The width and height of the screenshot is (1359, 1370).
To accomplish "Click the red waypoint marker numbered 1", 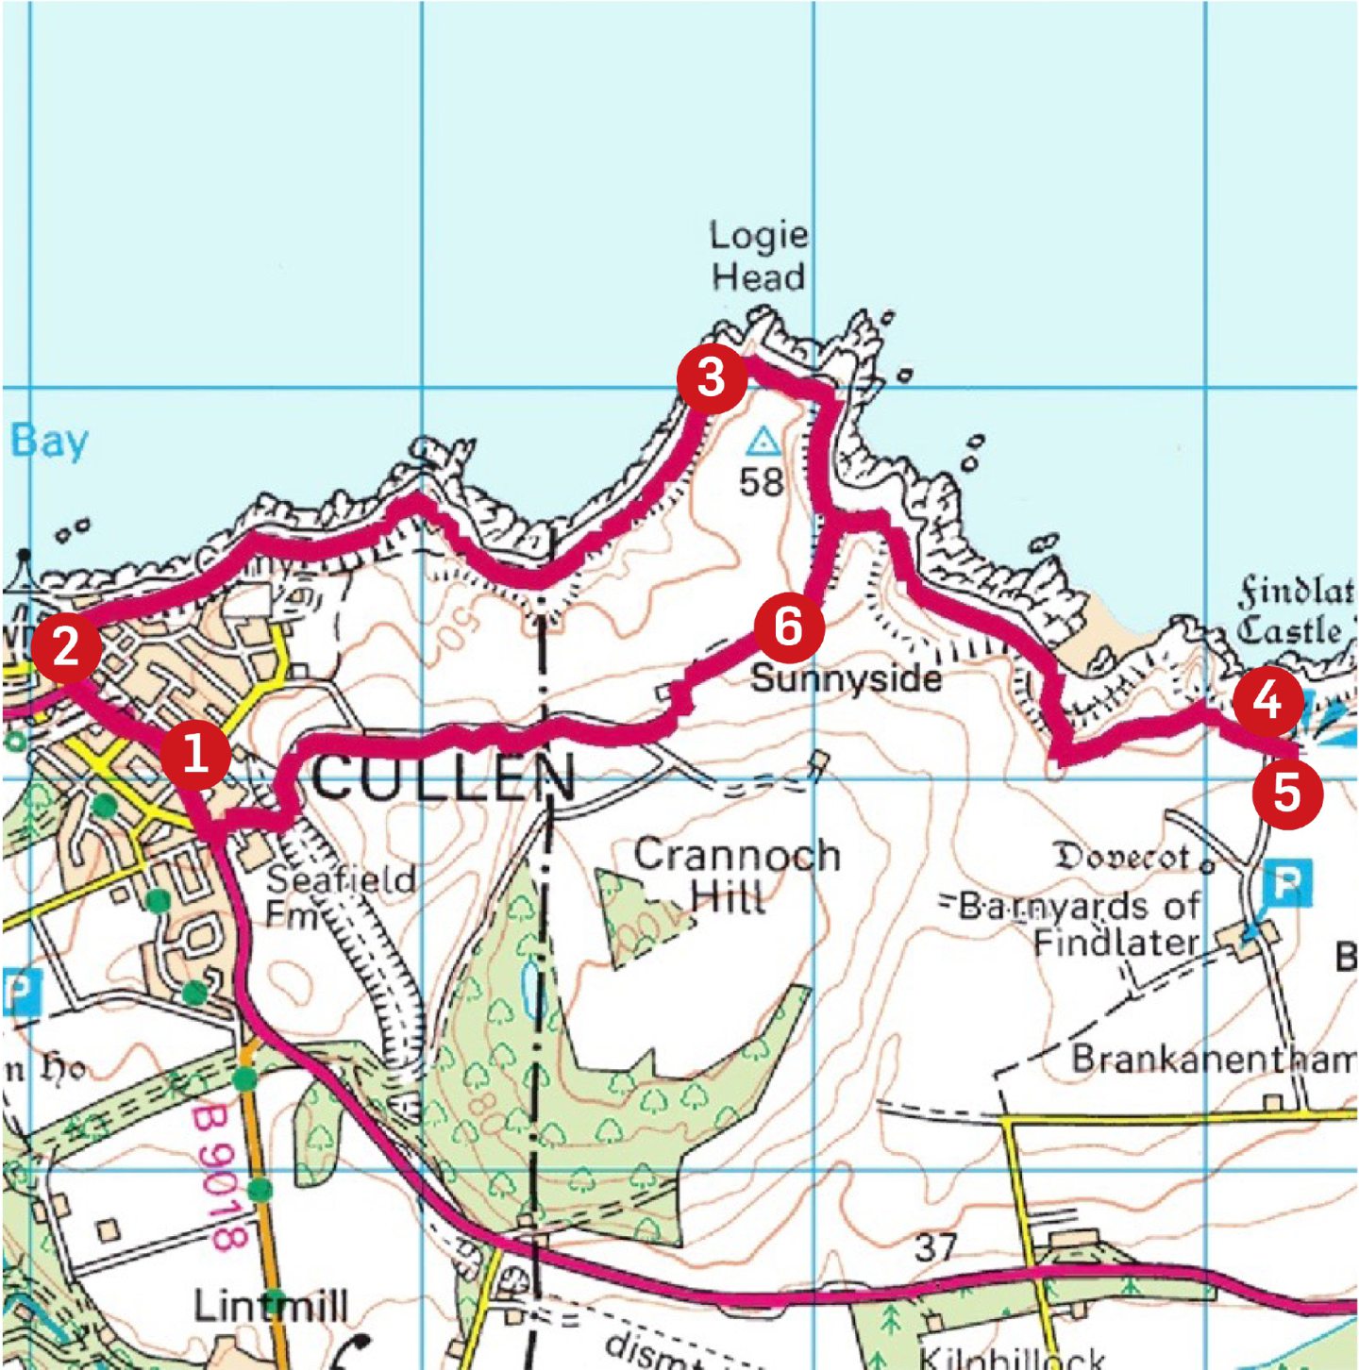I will pyautogui.click(x=195, y=755).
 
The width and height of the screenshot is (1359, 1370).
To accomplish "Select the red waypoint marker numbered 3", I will pyautogui.click(x=712, y=378).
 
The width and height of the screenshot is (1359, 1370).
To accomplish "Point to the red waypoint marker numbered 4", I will pyautogui.click(x=1267, y=700).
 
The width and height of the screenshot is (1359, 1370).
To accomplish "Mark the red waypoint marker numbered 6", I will pyautogui.click(x=788, y=627).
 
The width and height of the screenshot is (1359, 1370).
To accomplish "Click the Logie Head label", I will pyautogui.click(x=758, y=256).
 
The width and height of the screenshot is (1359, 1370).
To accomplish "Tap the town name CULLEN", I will pyautogui.click(x=443, y=777).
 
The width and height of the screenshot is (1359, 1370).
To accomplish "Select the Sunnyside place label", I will pyautogui.click(x=846, y=678).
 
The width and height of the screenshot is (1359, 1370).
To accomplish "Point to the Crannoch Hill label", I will pyautogui.click(x=735, y=875).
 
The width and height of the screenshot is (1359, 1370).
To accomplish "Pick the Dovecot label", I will pyautogui.click(x=1122, y=857).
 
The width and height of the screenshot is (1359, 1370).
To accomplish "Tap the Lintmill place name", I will pyautogui.click(x=271, y=1307).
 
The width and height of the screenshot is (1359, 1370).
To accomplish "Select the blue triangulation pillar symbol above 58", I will pyautogui.click(x=763, y=441).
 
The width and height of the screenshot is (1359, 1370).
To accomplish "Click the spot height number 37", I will pyautogui.click(x=935, y=1247).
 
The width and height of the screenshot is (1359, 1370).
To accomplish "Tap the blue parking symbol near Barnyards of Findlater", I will pyautogui.click(x=1286, y=884).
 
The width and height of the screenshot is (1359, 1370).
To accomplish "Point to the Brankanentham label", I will pyautogui.click(x=1213, y=1060).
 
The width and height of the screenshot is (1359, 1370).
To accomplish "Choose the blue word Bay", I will pyautogui.click(x=49, y=441).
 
